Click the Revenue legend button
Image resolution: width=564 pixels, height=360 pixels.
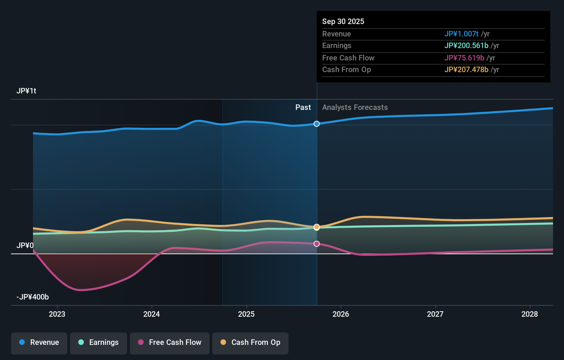(39, 342)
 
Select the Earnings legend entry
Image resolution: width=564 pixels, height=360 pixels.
(99, 342)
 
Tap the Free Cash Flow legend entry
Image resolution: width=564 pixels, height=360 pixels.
(170, 342)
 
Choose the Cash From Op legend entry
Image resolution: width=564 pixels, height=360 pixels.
(250, 342)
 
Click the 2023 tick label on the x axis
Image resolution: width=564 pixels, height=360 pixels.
(57, 314)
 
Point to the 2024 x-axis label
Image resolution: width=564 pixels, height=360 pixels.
(151, 314)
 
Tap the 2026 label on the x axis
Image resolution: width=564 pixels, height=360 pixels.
(341, 314)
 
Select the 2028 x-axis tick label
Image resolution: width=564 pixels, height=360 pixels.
(530, 314)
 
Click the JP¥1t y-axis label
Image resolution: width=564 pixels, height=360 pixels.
(26, 91)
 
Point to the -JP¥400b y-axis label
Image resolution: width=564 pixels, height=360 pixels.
(33, 297)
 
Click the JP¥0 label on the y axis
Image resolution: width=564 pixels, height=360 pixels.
(25, 246)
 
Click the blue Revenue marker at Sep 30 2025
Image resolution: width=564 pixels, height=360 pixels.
(317, 124)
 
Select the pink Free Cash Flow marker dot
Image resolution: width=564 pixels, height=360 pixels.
(317, 244)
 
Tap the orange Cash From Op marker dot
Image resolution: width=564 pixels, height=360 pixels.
(317, 227)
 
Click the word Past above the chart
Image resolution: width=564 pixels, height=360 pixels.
(303, 108)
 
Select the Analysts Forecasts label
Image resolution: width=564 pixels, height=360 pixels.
(355, 108)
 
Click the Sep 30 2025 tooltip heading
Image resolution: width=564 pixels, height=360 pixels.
(343, 22)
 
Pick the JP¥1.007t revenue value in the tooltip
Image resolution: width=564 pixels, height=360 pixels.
(461, 34)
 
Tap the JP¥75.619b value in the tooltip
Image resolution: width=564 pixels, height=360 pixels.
(464, 58)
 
